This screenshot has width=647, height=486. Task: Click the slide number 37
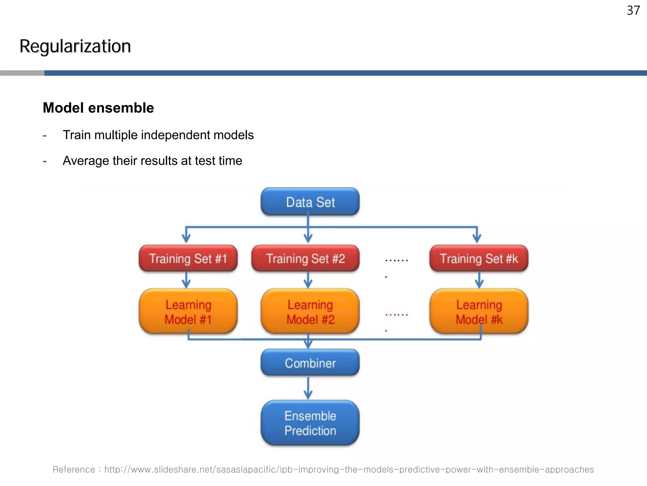(633, 11)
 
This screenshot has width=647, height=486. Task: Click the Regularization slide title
(75, 46)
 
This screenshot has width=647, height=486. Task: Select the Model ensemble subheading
(98, 108)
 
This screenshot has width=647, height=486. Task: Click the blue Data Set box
(310, 202)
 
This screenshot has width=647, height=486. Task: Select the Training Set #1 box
(188, 259)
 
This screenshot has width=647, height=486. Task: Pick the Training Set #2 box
(305, 259)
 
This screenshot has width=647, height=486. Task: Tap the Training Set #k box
(479, 259)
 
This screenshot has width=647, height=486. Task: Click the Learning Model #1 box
(188, 312)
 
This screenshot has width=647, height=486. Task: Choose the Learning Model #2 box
(310, 312)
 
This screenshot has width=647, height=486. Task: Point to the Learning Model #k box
(479, 312)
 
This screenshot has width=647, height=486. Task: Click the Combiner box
(310, 363)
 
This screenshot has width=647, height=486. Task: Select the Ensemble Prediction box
(310, 423)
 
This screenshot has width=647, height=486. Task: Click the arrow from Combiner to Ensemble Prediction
(308, 388)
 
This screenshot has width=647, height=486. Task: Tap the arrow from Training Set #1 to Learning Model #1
(186, 280)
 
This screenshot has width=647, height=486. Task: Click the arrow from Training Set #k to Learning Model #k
(479, 280)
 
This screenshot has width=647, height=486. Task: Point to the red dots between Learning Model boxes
(396, 315)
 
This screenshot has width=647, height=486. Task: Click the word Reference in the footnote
(74, 470)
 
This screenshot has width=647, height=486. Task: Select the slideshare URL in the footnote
(349, 470)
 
